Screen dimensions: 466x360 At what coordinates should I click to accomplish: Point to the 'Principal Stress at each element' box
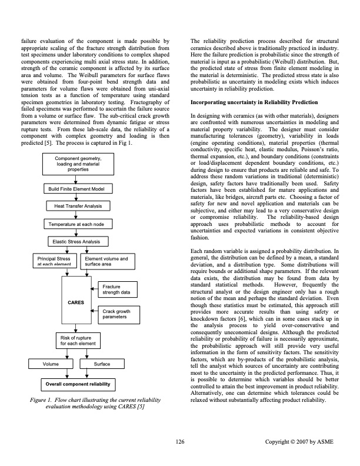tap(54, 261)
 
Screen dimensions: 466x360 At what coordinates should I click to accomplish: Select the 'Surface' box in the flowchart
tap(102, 364)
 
